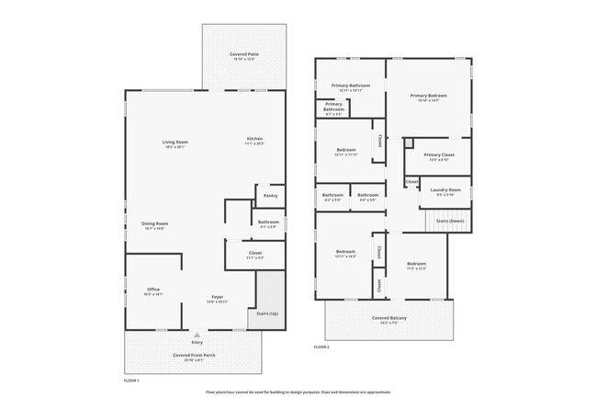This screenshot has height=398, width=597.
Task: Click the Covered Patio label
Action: [x=243, y=56]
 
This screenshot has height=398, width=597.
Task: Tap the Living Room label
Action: [x=175, y=142]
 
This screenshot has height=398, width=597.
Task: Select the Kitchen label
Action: [x=254, y=140]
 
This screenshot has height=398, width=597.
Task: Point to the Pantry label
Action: [x=270, y=196]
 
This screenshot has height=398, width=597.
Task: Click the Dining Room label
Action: [x=154, y=225]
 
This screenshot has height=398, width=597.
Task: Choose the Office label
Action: [x=152, y=290]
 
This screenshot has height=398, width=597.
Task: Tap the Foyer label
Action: [x=218, y=298]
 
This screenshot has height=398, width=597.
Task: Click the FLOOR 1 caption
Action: [x=131, y=379]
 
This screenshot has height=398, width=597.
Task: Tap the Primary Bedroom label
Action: [x=428, y=97]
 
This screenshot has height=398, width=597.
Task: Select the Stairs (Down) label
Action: [x=450, y=222]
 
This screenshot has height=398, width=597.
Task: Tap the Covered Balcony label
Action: [x=390, y=319]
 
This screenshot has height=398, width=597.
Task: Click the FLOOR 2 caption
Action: [x=321, y=347]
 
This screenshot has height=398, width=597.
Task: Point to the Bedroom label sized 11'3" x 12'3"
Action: [x=417, y=265]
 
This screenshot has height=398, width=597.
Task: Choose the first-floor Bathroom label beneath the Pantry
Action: [x=268, y=222]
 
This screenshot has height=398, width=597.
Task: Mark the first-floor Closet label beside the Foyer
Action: [x=255, y=254]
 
